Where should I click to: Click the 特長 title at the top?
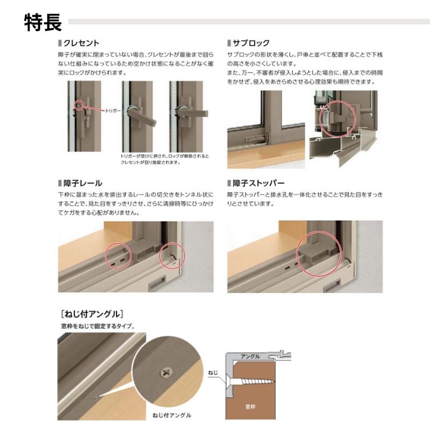43,23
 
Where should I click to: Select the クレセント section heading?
81,42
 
